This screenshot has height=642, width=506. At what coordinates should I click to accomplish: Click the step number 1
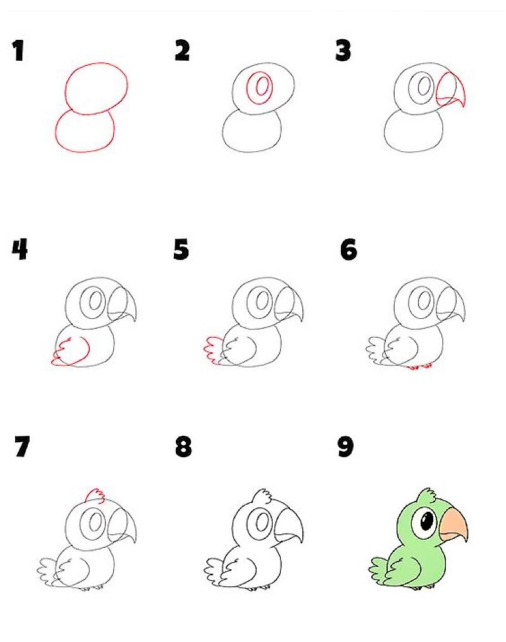click(18, 51)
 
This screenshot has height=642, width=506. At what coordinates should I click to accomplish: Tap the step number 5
click(181, 249)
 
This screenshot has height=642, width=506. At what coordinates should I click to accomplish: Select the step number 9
click(345, 447)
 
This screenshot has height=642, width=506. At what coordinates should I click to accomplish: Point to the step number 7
click(22, 447)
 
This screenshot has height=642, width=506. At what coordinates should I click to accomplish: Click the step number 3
click(343, 51)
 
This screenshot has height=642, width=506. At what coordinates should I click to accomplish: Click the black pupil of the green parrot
click(427, 520)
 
